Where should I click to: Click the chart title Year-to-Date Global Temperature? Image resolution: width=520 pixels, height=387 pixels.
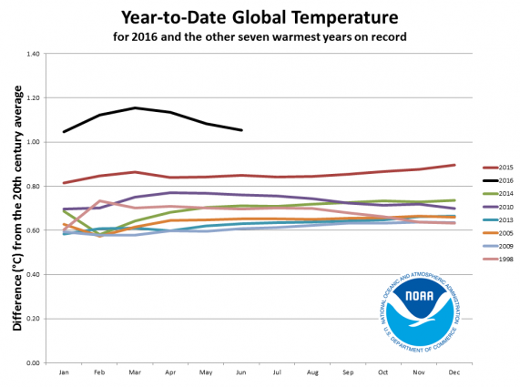pyautogui.click(x=260, y=17)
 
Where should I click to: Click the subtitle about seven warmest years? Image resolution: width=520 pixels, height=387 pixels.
pyautogui.click(x=260, y=37)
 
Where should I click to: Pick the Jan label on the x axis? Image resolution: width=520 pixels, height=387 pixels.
pyautogui.click(x=63, y=372)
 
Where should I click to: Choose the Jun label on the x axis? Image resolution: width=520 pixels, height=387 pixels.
pyautogui.click(x=240, y=372)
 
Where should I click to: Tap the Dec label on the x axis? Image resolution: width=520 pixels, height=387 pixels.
pyautogui.click(x=454, y=372)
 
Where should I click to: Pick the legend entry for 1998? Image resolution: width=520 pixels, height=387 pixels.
pyautogui.click(x=492, y=259)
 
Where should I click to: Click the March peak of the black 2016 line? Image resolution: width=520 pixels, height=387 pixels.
pyautogui.click(x=135, y=108)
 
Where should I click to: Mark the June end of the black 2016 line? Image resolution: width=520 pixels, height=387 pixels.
pyautogui.click(x=241, y=130)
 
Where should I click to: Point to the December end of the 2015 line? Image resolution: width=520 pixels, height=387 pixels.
pyautogui.click(x=454, y=165)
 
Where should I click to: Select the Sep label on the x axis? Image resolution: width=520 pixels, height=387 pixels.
pyautogui.click(x=347, y=372)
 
